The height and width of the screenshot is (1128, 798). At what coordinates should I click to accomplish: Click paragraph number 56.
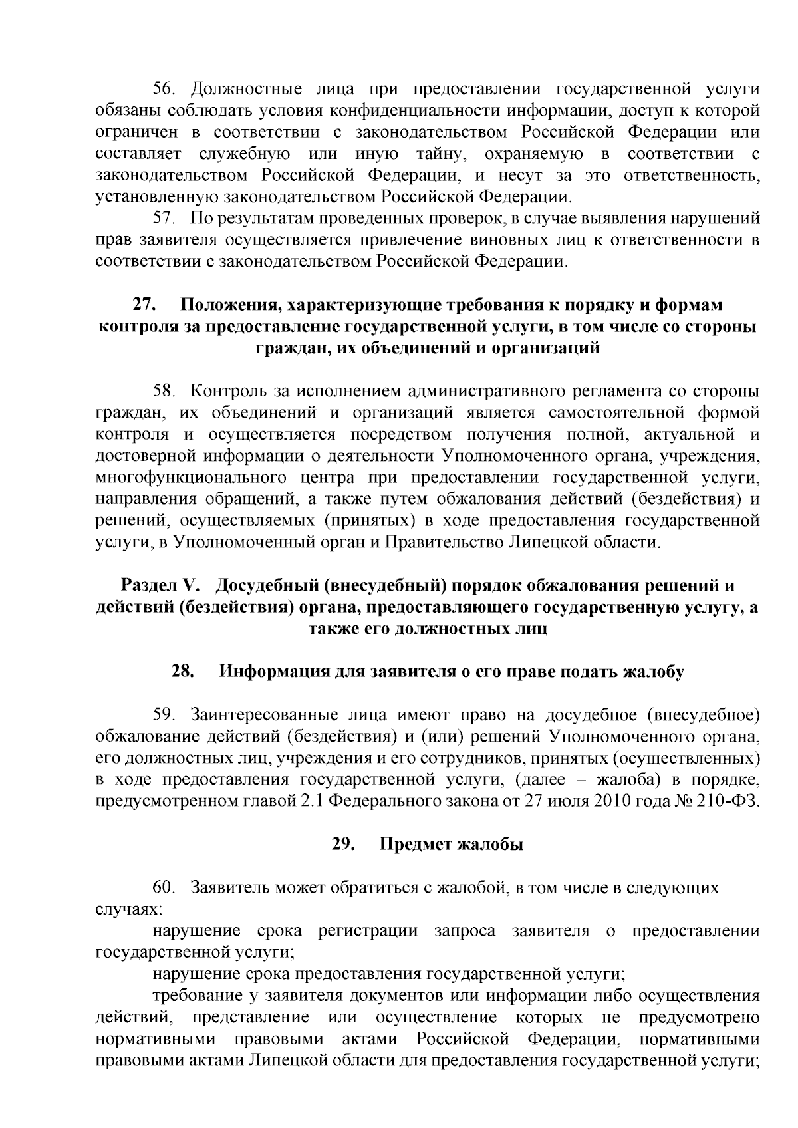coord(164,89)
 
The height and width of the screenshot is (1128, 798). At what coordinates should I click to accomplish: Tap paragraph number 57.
coord(164,218)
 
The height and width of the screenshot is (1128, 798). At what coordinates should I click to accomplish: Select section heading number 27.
coord(144,305)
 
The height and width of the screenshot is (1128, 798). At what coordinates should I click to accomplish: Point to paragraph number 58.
coord(164,390)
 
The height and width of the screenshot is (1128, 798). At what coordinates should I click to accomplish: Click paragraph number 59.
coord(164,715)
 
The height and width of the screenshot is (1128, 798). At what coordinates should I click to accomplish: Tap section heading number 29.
coord(343,845)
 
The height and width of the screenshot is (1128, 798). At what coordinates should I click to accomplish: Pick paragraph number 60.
coord(164,888)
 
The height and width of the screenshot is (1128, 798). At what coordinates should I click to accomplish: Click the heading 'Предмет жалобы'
coord(452,845)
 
